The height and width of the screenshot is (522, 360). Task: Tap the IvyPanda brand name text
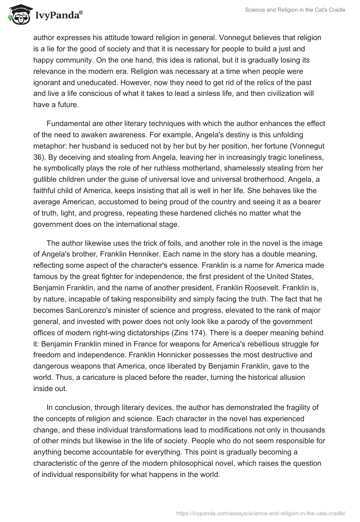(x=58, y=15)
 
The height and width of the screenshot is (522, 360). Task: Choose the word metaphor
(x=50, y=147)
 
